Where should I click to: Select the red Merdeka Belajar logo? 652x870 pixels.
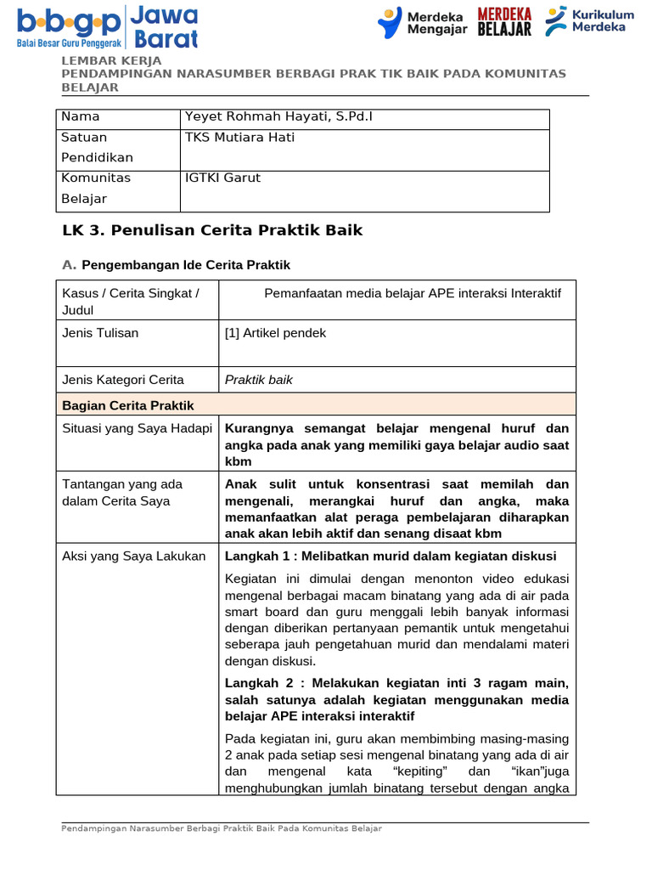click(x=504, y=23)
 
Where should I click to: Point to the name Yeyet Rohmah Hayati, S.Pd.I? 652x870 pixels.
click(x=278, y=116)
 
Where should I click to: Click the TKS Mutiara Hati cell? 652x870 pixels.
click(x=233, y=137)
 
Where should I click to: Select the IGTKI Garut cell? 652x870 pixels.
click(x=222, y=178)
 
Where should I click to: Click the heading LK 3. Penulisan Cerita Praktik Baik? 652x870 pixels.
click(x=212, y=230)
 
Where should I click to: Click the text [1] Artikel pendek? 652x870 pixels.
click(x=275, y=333)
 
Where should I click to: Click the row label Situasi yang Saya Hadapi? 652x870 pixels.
click(x=137, y=428)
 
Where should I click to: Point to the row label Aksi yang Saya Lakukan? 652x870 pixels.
click(x=134, y=556)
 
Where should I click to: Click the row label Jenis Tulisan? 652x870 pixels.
click(x=100, y=333)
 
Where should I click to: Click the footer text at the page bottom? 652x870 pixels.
click(x=222, y=828)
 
